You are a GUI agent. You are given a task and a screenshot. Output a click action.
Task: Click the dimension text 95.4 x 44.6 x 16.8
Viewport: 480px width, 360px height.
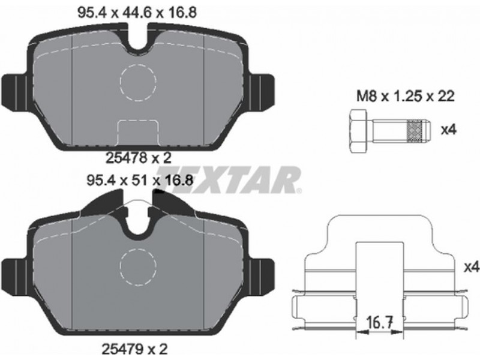pyautogui.click(x=137, y=13)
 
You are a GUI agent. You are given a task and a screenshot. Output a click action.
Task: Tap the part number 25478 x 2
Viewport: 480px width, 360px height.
pyautogui.click(x=138, y=158)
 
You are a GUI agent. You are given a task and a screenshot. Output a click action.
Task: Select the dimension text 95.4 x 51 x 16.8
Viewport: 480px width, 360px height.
pyautogui.click(x=140, y=181)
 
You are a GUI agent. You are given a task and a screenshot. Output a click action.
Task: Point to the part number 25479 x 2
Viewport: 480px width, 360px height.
pyautogui.click(x=134, y=349)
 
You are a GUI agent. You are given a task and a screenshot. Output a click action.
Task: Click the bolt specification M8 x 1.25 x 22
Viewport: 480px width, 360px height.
pyautogui.click(x=406, y=97)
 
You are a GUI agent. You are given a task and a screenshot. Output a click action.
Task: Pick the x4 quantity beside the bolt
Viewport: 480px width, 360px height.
pyautogui.click(x=448, y=130)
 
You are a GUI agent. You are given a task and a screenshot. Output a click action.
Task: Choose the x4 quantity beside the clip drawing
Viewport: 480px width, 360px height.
pyautogui.click(x=471, y=268)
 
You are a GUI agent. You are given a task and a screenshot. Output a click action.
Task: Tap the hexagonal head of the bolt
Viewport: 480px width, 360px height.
pyautogui.click(x=358, y=131)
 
